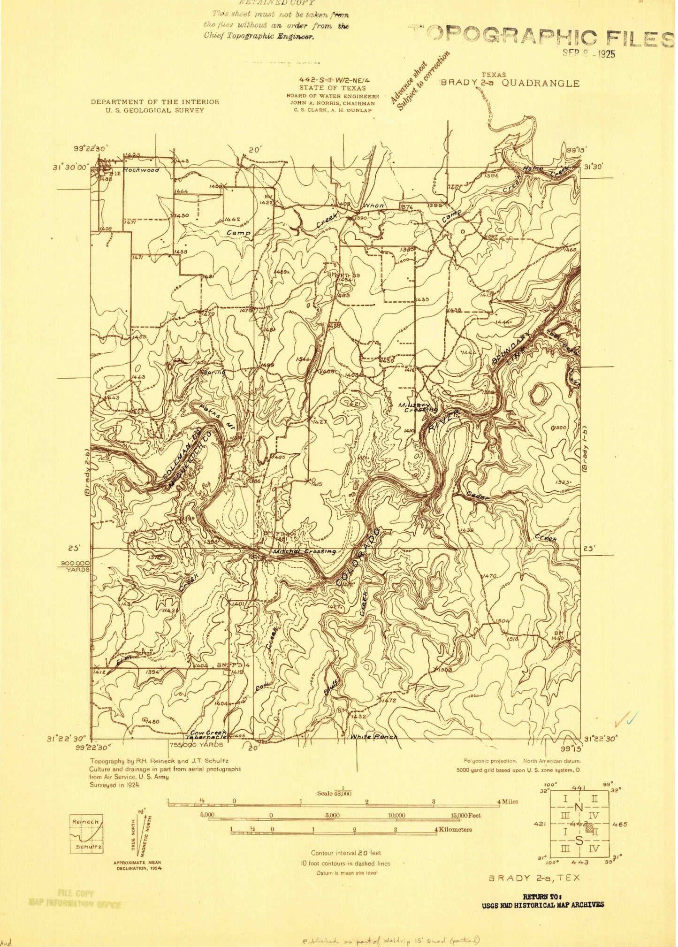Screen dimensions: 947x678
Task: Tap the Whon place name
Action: pyautogui.click(x=374, y=206)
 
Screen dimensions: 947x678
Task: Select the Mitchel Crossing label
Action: pyautogui.click(x=304, y=551)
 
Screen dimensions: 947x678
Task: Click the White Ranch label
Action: pyautogui.click(x=374, y=737)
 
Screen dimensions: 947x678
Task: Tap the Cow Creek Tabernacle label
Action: pyautogui.click(x=208, y=734)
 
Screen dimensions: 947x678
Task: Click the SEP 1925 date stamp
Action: pyautogui.click(x=588, y=53)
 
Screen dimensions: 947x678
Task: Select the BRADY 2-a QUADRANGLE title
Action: pyautogui.click(x=510, y=83)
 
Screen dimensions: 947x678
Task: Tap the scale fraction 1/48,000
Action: pyautogui.click(x=335, y=793)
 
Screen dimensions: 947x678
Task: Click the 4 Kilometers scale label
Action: pyautogui.click(x=453, y=830)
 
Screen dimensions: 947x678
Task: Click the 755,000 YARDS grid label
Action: pyautogui.click(x=196, y=744)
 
